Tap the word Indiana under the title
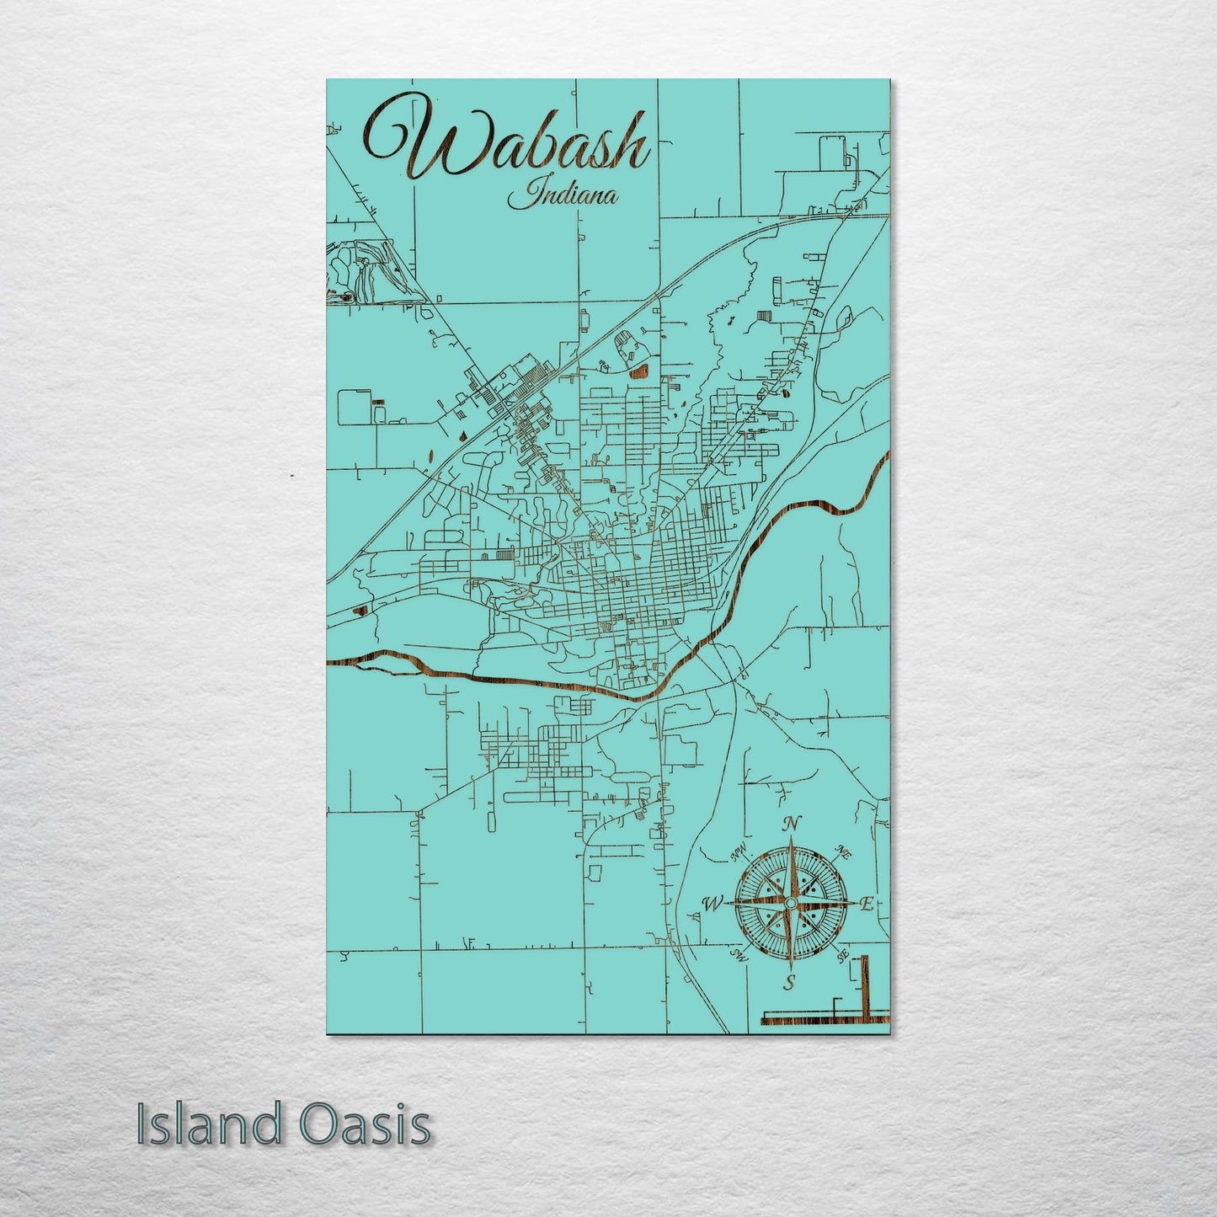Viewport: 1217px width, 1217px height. (563, 198)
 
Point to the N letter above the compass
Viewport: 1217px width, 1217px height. (791, 825)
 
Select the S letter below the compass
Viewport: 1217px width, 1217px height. (789, 981)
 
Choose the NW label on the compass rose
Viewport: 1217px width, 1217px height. (739, 856)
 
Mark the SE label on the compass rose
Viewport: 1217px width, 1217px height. (841, 956)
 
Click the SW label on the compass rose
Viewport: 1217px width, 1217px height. (739, 955)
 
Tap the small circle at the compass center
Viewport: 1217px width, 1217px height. (790, 903)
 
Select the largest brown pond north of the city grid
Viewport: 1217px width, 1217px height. (639, 369)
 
